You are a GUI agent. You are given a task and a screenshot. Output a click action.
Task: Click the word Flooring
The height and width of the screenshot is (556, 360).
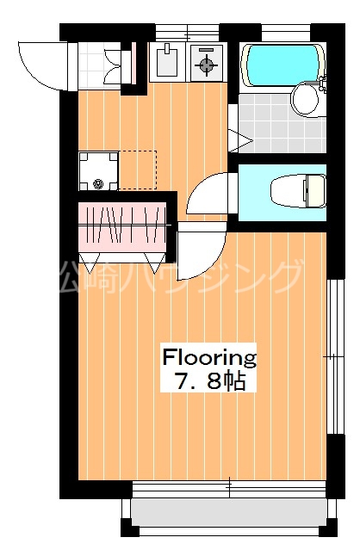[x=210, y=356]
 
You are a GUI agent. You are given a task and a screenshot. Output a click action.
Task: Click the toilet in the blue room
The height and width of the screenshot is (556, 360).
[x=298, y=188]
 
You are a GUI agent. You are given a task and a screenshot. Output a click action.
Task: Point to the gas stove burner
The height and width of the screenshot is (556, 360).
[x=206, y=63]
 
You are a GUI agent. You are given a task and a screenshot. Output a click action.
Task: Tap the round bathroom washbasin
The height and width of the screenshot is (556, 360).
[x=306, y=98]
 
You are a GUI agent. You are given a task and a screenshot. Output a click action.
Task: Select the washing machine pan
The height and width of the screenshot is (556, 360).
[x=96, y=170]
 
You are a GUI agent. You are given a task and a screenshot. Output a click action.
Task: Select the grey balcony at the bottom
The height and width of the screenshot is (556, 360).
[x=231, y=514]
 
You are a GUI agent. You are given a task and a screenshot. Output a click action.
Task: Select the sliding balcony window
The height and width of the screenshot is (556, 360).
[x=231, y=489]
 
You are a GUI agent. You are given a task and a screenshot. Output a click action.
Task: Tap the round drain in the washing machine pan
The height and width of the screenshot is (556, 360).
[x=97, y=182]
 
